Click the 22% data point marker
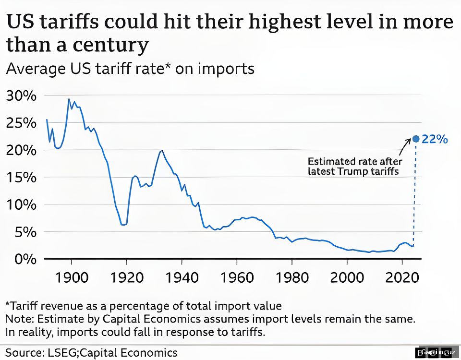416,139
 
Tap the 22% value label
435,139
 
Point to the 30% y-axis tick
21,96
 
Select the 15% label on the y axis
21,177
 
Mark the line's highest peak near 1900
69,99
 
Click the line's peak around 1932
162,151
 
